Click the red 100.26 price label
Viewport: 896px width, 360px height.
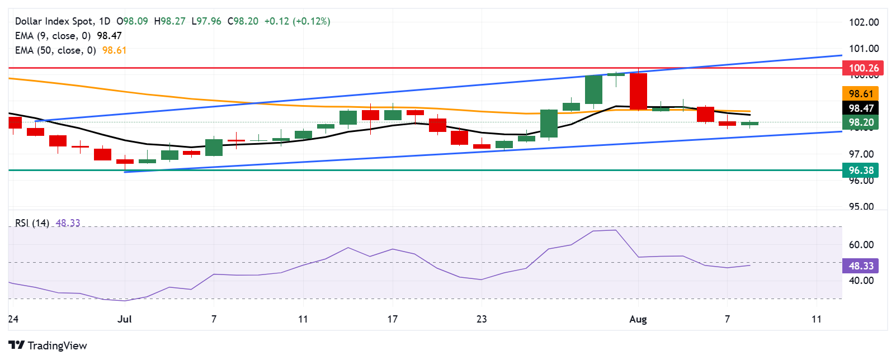coord(863,68)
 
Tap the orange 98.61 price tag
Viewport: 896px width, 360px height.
coord(861,94)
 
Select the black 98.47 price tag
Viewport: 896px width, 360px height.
coord(861,108)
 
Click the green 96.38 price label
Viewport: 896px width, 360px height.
coord(861,170)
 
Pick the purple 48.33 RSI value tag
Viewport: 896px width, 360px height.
coord(861,266)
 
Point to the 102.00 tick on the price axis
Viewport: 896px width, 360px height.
coord(864,22)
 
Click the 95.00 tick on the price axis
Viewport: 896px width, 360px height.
coord(861,207)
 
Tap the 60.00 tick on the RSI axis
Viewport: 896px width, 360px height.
coord(861,245)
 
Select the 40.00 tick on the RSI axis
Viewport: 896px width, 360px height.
coord(861,281)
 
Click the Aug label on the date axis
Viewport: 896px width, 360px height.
coord(638,319)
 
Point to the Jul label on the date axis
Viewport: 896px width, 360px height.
coord(125,319)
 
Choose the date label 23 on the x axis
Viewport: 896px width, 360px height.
coord(482,319)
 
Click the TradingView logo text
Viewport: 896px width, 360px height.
coord(48,345)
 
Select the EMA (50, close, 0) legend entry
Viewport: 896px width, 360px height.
coord(55,50)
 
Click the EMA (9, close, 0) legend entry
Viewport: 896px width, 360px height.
coord(53,36)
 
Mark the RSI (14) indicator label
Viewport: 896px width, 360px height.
coord(32,223)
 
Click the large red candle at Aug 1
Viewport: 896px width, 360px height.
coord(638,91)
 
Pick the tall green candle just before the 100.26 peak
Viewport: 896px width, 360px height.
coord(593,89)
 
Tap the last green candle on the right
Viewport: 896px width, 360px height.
coord(749,124)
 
